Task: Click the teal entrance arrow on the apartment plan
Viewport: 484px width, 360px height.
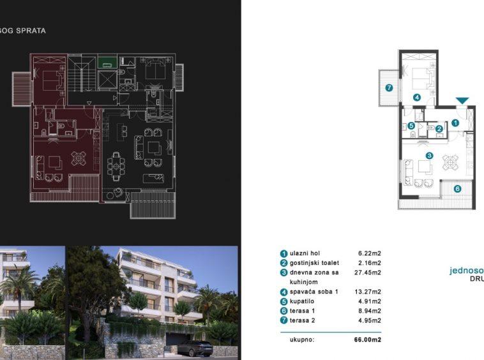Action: click(463, 100)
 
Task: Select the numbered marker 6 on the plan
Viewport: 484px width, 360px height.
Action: click(458, 188)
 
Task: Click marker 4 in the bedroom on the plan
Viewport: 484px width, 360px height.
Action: click(416, 98)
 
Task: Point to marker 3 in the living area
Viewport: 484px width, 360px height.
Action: click(430, 156)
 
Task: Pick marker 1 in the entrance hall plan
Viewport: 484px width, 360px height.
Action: click(455, 122)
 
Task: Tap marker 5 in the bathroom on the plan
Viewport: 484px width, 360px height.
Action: click(412, 126)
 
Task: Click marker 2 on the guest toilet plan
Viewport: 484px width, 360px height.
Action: click(439, 130)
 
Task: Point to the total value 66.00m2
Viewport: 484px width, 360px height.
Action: click(367, 340)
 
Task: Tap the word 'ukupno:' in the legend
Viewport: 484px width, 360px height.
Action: click(301, 340)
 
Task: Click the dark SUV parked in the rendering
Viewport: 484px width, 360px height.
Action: click(195, 347)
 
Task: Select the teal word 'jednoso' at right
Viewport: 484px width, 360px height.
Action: click(466, 271)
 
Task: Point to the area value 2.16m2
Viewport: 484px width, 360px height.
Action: click(370, 263)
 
